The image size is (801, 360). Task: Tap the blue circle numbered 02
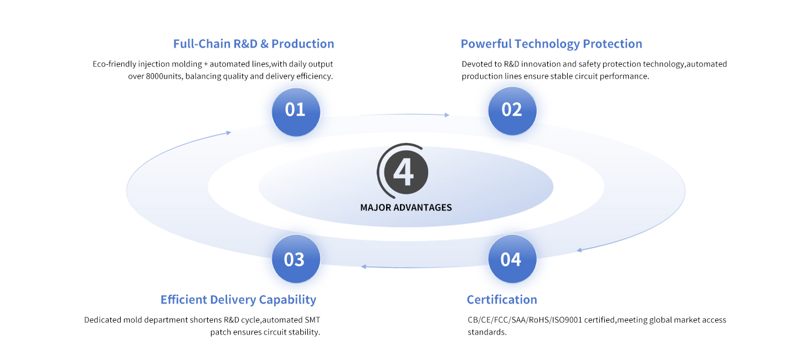coord(512,111)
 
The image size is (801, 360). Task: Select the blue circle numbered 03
coord(296,259)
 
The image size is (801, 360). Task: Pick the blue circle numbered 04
coord(512,259)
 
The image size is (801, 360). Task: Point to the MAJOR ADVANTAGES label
coord(406,208)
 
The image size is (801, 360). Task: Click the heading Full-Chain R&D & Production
coord(253,44)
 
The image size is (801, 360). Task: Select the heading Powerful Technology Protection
coord(551,44)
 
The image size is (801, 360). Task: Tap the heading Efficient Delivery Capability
coord(238,300)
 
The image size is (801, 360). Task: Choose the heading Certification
coord(502,300)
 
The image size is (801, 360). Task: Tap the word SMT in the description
coord(312,320)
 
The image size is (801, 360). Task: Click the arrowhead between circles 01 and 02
coord(446,115)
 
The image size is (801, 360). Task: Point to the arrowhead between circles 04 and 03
coord(363,267)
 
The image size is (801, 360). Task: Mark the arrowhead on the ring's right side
coord(579,250)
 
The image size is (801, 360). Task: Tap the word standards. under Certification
coord(487,332)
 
